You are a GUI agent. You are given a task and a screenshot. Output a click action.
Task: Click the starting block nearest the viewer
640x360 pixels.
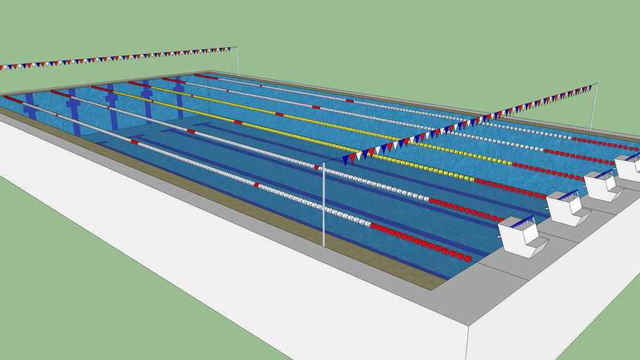[x=523, y=236]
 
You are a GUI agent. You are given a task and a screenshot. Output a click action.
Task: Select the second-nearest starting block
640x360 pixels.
[x=568, y=207]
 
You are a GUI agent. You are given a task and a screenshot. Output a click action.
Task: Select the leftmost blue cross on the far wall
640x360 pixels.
[x=30, y=105]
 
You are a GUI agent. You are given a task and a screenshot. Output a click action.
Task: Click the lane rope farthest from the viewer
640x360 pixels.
[x=422, y=112]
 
